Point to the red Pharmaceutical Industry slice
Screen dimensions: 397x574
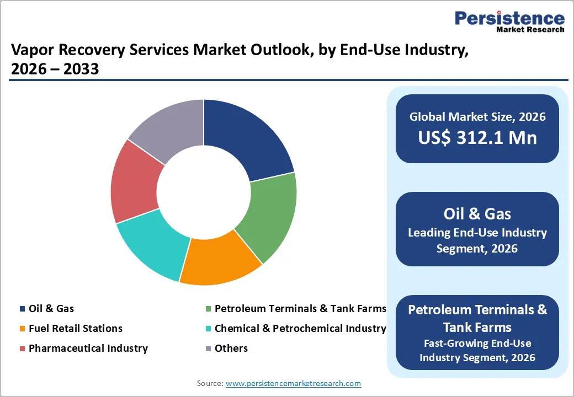coord(132,182)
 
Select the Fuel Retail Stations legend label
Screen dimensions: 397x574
coord(75,329)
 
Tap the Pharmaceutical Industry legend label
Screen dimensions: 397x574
coord(88,348)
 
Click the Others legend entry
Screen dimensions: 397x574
coord(231,348)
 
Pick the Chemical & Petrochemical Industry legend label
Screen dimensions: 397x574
coord(300,329)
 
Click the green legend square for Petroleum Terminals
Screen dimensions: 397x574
coord(208,309)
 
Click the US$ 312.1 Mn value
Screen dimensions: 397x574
coord(477,137)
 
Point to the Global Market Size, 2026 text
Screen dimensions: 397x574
coord(477,116)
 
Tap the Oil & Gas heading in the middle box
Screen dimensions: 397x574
coord(477,213)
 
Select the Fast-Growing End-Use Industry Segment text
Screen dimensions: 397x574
coord(477,350)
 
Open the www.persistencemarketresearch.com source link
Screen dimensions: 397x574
coord(293,383)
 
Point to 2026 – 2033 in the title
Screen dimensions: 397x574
coord(55,70)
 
